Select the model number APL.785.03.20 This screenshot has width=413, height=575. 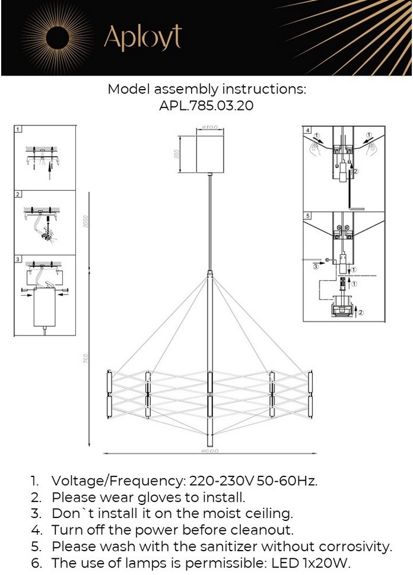[206, 106]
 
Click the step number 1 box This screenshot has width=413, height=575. [18, 129]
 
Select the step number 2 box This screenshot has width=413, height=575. [18, 194]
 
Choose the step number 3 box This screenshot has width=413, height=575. [18, 259]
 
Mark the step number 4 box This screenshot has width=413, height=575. [307, 129]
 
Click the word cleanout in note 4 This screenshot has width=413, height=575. [261, 529]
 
